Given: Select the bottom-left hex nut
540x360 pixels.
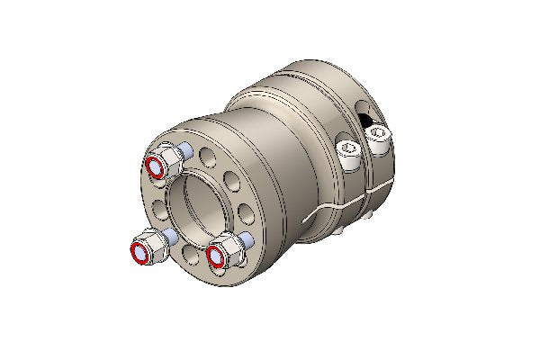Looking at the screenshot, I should [148, 247].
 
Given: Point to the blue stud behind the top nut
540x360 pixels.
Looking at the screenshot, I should [184, 148].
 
